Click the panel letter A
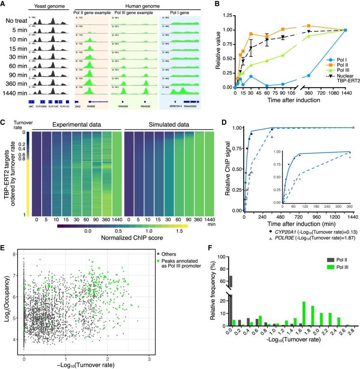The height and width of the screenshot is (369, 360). [4, 4]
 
